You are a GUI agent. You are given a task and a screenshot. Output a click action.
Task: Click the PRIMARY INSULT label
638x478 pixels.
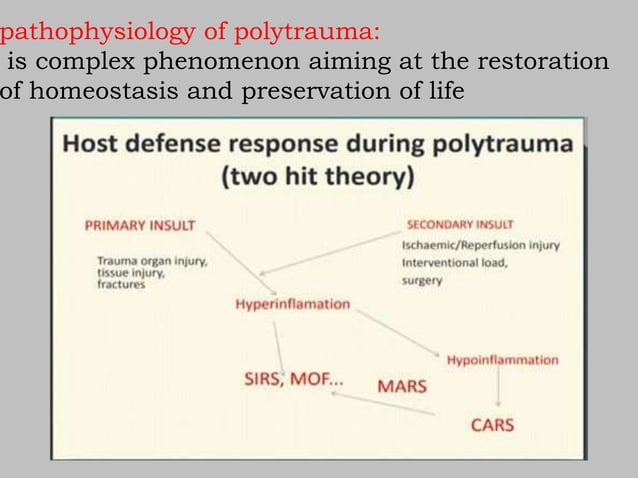point(139,224)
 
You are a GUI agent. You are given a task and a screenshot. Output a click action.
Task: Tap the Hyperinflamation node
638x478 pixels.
point(293,304)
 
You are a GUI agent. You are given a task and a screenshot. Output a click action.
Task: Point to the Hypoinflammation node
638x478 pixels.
point(502,358)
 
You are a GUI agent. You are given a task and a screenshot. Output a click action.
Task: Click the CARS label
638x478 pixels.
point(492,425)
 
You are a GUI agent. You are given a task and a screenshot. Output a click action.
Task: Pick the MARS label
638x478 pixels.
point(401,386)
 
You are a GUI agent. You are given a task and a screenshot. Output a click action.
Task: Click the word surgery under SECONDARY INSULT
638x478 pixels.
point(422,281)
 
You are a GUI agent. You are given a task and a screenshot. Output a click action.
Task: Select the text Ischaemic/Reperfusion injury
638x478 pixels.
point(480,245)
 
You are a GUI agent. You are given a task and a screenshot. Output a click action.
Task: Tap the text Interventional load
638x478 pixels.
point(454,263)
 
